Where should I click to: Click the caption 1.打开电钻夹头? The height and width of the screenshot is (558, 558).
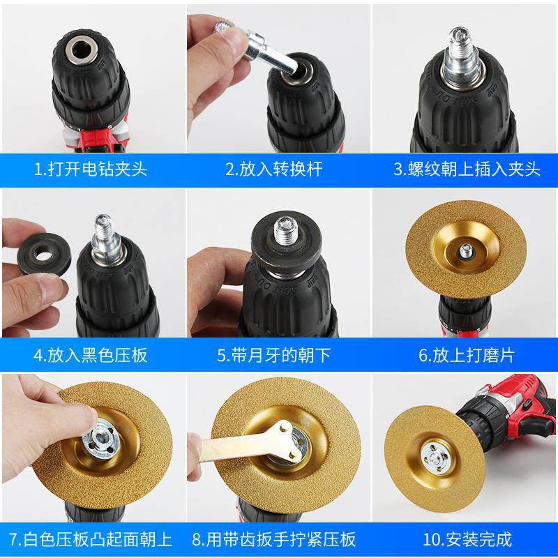91,169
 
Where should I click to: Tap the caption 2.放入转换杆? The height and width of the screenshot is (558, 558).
274,169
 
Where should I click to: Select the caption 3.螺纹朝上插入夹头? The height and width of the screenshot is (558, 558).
467,169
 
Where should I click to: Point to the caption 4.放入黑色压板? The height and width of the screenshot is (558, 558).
91,355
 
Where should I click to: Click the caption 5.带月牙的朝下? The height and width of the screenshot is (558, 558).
274,355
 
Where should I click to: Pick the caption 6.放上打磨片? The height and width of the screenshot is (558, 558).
467,355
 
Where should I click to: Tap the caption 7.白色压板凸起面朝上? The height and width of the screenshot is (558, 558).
91,539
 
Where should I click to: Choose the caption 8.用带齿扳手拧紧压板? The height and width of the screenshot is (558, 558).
274,539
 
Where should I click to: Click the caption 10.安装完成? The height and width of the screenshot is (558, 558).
467,539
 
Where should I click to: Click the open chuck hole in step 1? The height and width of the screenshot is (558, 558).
82,50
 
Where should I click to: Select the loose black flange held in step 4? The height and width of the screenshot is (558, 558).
43,253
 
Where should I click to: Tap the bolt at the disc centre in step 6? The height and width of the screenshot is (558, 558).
465,252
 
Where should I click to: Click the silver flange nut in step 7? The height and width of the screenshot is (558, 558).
104,439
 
